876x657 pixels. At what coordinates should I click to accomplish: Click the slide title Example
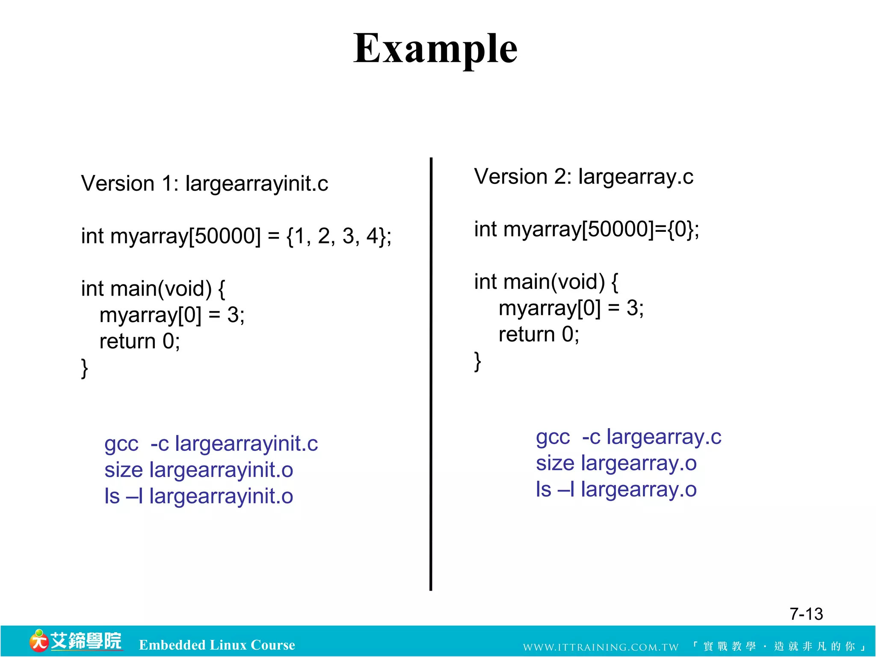point(435,49)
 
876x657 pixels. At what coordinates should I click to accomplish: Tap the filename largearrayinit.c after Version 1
point(257,184)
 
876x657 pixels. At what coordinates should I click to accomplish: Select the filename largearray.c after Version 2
point(636,177)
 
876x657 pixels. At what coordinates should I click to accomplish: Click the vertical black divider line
point(431,374)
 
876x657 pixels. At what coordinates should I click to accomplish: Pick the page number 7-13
point(806,614)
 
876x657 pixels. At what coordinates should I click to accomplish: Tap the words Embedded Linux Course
point(217,645)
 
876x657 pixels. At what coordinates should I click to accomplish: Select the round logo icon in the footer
point(38,641)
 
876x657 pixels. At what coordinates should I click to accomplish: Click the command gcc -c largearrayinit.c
point(211,444)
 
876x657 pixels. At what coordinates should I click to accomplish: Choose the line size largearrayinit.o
point(199,470)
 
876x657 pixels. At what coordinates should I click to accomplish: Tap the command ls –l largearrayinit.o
point(199,497)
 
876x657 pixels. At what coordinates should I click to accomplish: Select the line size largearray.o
point(616,464)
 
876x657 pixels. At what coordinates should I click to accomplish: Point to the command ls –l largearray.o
point(616,490)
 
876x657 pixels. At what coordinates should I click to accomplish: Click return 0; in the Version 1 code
point(139,341)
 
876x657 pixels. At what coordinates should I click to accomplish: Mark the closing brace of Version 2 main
point(478,361)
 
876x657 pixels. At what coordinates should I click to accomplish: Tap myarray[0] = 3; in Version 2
point(571,308)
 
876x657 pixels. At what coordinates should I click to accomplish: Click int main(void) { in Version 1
point(153,289)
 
